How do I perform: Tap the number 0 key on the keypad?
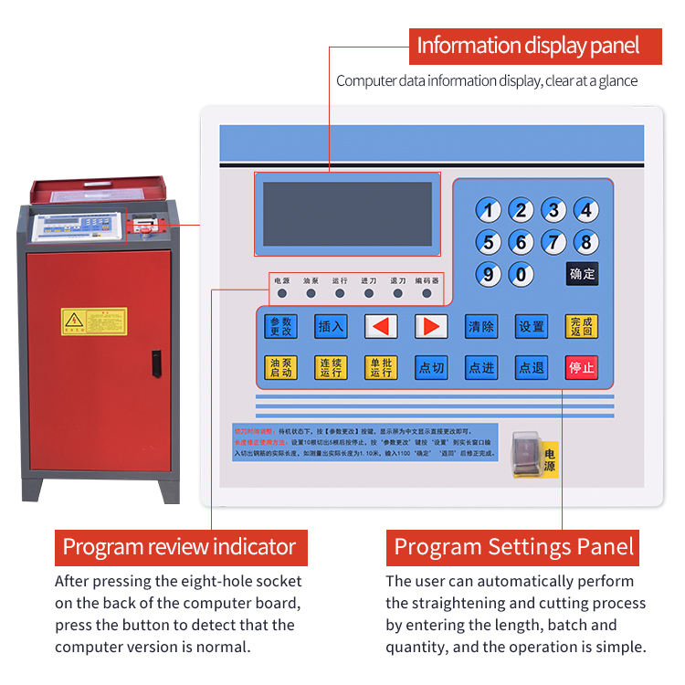coord(521,274)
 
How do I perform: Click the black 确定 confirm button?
coord(582,274)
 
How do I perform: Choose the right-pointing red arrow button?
coord(430,326)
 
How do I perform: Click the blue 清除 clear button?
coord(481,326)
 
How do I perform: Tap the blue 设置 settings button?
coord(532,326)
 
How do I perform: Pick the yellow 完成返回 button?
coord(581,326)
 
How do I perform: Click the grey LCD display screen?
coord(347,214)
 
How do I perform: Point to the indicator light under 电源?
coord(281,294)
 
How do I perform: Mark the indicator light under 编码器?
coord(427,294)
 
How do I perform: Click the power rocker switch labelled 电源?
coord(528,453)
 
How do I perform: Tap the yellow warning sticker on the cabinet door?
coord(94,321)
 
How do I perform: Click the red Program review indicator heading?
coord(180,547)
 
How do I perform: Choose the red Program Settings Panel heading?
coord(513,547)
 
